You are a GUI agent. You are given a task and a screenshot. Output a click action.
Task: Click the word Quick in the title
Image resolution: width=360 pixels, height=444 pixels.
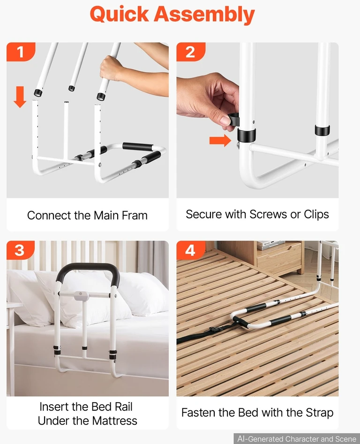pos(119,14)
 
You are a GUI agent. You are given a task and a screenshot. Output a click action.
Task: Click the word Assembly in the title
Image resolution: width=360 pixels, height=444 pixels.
pos(204,15)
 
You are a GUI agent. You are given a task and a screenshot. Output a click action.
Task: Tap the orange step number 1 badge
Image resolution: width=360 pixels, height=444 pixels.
pos(21,52)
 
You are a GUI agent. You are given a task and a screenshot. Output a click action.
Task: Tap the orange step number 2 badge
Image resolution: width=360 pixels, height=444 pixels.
pos(190,52)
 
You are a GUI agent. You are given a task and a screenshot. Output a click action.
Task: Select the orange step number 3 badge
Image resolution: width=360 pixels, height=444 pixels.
pos(20,250)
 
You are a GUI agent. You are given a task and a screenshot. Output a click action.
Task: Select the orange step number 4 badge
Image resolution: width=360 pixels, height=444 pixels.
pos(190,250)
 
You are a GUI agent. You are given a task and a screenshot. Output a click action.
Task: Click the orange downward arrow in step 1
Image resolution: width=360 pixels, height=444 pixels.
pos(20,97)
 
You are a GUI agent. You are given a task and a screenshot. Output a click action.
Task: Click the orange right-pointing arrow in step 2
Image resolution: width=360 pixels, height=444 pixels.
pos(220,141)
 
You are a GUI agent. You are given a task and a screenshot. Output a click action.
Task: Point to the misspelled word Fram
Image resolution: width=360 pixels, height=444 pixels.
pos(135,216)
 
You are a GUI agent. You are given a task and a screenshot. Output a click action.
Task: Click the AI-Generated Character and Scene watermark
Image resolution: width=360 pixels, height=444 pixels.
pos(297,439)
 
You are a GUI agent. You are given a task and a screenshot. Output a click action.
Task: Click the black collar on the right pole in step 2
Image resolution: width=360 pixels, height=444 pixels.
pos(322,130)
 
